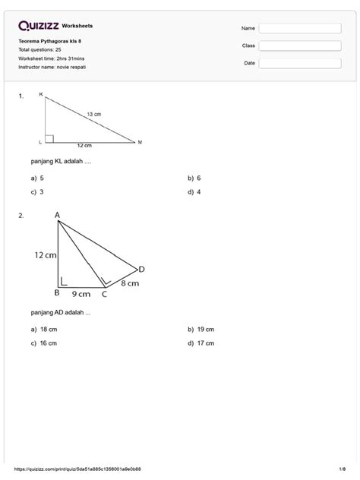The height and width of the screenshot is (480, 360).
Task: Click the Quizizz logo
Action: coord(38,25)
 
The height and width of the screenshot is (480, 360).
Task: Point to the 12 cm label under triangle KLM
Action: coord(84,145)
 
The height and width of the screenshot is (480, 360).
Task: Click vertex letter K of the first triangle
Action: coord(41,96)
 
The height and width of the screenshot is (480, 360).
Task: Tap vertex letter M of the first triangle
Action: coord(140,142)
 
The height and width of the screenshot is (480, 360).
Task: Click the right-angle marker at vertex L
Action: coord(49,138)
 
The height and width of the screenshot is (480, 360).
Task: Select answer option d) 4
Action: coord(194,191)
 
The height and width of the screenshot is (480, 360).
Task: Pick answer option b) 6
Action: coord(194,178)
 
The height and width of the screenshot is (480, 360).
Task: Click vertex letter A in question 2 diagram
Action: coord(57,215)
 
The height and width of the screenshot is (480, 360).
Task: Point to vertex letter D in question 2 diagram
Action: coord(141,269)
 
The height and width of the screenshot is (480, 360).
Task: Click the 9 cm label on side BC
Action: coord(81,293)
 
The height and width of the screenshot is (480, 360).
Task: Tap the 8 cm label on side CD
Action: coord(129,283)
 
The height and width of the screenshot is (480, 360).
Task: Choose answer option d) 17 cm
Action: coord(201,343)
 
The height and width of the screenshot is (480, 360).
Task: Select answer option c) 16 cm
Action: coord(45,343)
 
